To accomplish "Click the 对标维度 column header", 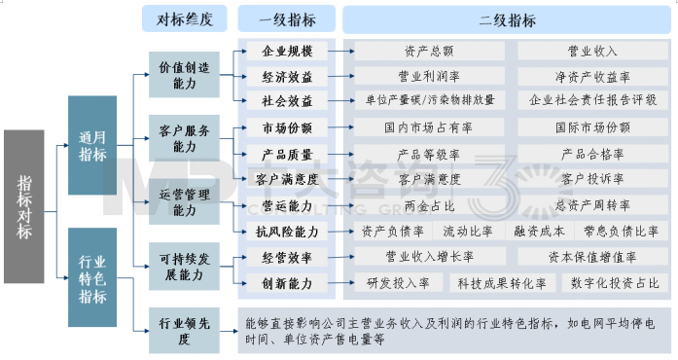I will tap(184, 18).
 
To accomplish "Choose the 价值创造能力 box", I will tap(184, 75).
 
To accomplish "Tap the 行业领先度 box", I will tap(184, 329).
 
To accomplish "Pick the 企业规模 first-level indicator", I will tap(288, 51).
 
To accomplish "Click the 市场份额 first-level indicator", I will tap(288, 127).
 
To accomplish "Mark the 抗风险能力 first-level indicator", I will tap(288, 232).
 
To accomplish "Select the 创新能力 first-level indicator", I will tap(288, 283).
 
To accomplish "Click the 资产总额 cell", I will tap(429, 51).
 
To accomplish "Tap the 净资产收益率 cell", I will tap(592, 76).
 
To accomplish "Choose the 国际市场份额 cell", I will tap(592, 127).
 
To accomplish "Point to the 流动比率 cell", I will tap(468, 232).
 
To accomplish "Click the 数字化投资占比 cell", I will tap(620, 283).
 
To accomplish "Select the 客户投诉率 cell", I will tap(592, 179).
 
